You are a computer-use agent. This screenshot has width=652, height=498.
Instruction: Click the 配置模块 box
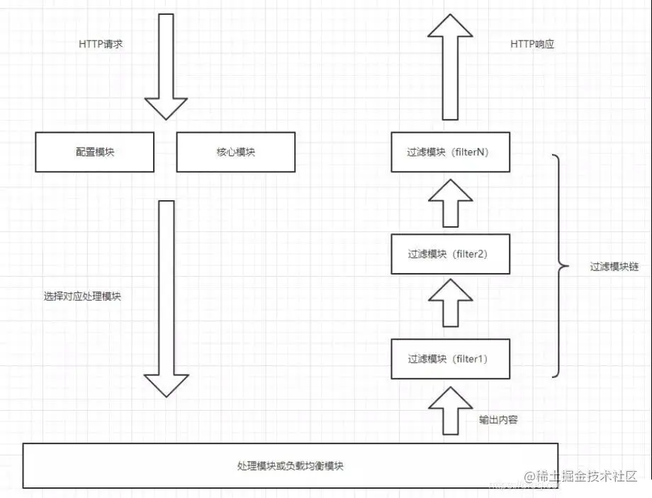tap(94, 152)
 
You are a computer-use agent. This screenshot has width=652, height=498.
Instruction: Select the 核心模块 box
tap(235, 152)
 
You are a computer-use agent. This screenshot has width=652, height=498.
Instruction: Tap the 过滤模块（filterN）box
tap(450, 152)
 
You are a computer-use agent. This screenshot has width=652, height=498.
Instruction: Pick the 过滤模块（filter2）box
tap(450, 254)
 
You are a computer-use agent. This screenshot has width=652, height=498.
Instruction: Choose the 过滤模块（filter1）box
tap(450, 359)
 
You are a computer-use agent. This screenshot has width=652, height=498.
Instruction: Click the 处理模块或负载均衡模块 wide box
tap(291, 465)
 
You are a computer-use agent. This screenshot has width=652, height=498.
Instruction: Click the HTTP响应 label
tap(532, 44)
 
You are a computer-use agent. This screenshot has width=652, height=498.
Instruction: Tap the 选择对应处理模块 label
tap(82, 297)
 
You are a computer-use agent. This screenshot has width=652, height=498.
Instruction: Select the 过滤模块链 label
tap(614, 267)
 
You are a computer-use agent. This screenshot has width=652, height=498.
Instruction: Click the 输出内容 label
tap(498, 419)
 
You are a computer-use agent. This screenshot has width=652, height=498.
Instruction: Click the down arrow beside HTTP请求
tap(166, 67)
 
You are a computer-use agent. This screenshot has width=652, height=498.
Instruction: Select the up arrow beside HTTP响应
tap(449, 67)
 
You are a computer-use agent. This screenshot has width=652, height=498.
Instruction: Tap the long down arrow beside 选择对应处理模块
tap(166, 298)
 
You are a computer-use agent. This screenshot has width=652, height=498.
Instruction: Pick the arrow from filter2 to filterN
tap(449, 201)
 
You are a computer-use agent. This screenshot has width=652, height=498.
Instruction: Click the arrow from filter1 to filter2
tap(449, 304)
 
